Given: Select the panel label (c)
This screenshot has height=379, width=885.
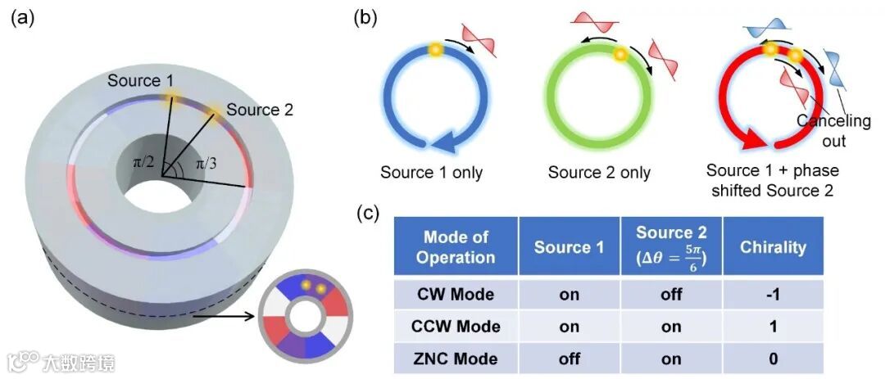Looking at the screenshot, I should (x=370, y=214).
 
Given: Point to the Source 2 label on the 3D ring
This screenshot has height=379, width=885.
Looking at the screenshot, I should (x=260, y=109).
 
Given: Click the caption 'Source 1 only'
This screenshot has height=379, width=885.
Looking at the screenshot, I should (x=431, y=173).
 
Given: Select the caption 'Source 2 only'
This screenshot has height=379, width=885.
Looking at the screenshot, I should (x=599, y=173).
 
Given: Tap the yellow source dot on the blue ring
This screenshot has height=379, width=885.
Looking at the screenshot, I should (x=436, y=51).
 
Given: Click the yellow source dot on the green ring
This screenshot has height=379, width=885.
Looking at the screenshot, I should (x=620, y=56).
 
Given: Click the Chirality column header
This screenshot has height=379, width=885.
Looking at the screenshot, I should (x=774, y=246).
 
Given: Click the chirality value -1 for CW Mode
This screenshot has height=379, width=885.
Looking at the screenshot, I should (x=774, y=293).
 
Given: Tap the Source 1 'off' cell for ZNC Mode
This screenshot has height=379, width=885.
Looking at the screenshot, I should (x=568, y=359).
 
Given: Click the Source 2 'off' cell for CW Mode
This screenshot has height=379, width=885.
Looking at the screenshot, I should (x=671, y=293).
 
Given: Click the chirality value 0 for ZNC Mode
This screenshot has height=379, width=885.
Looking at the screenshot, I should (x=774, y=359).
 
